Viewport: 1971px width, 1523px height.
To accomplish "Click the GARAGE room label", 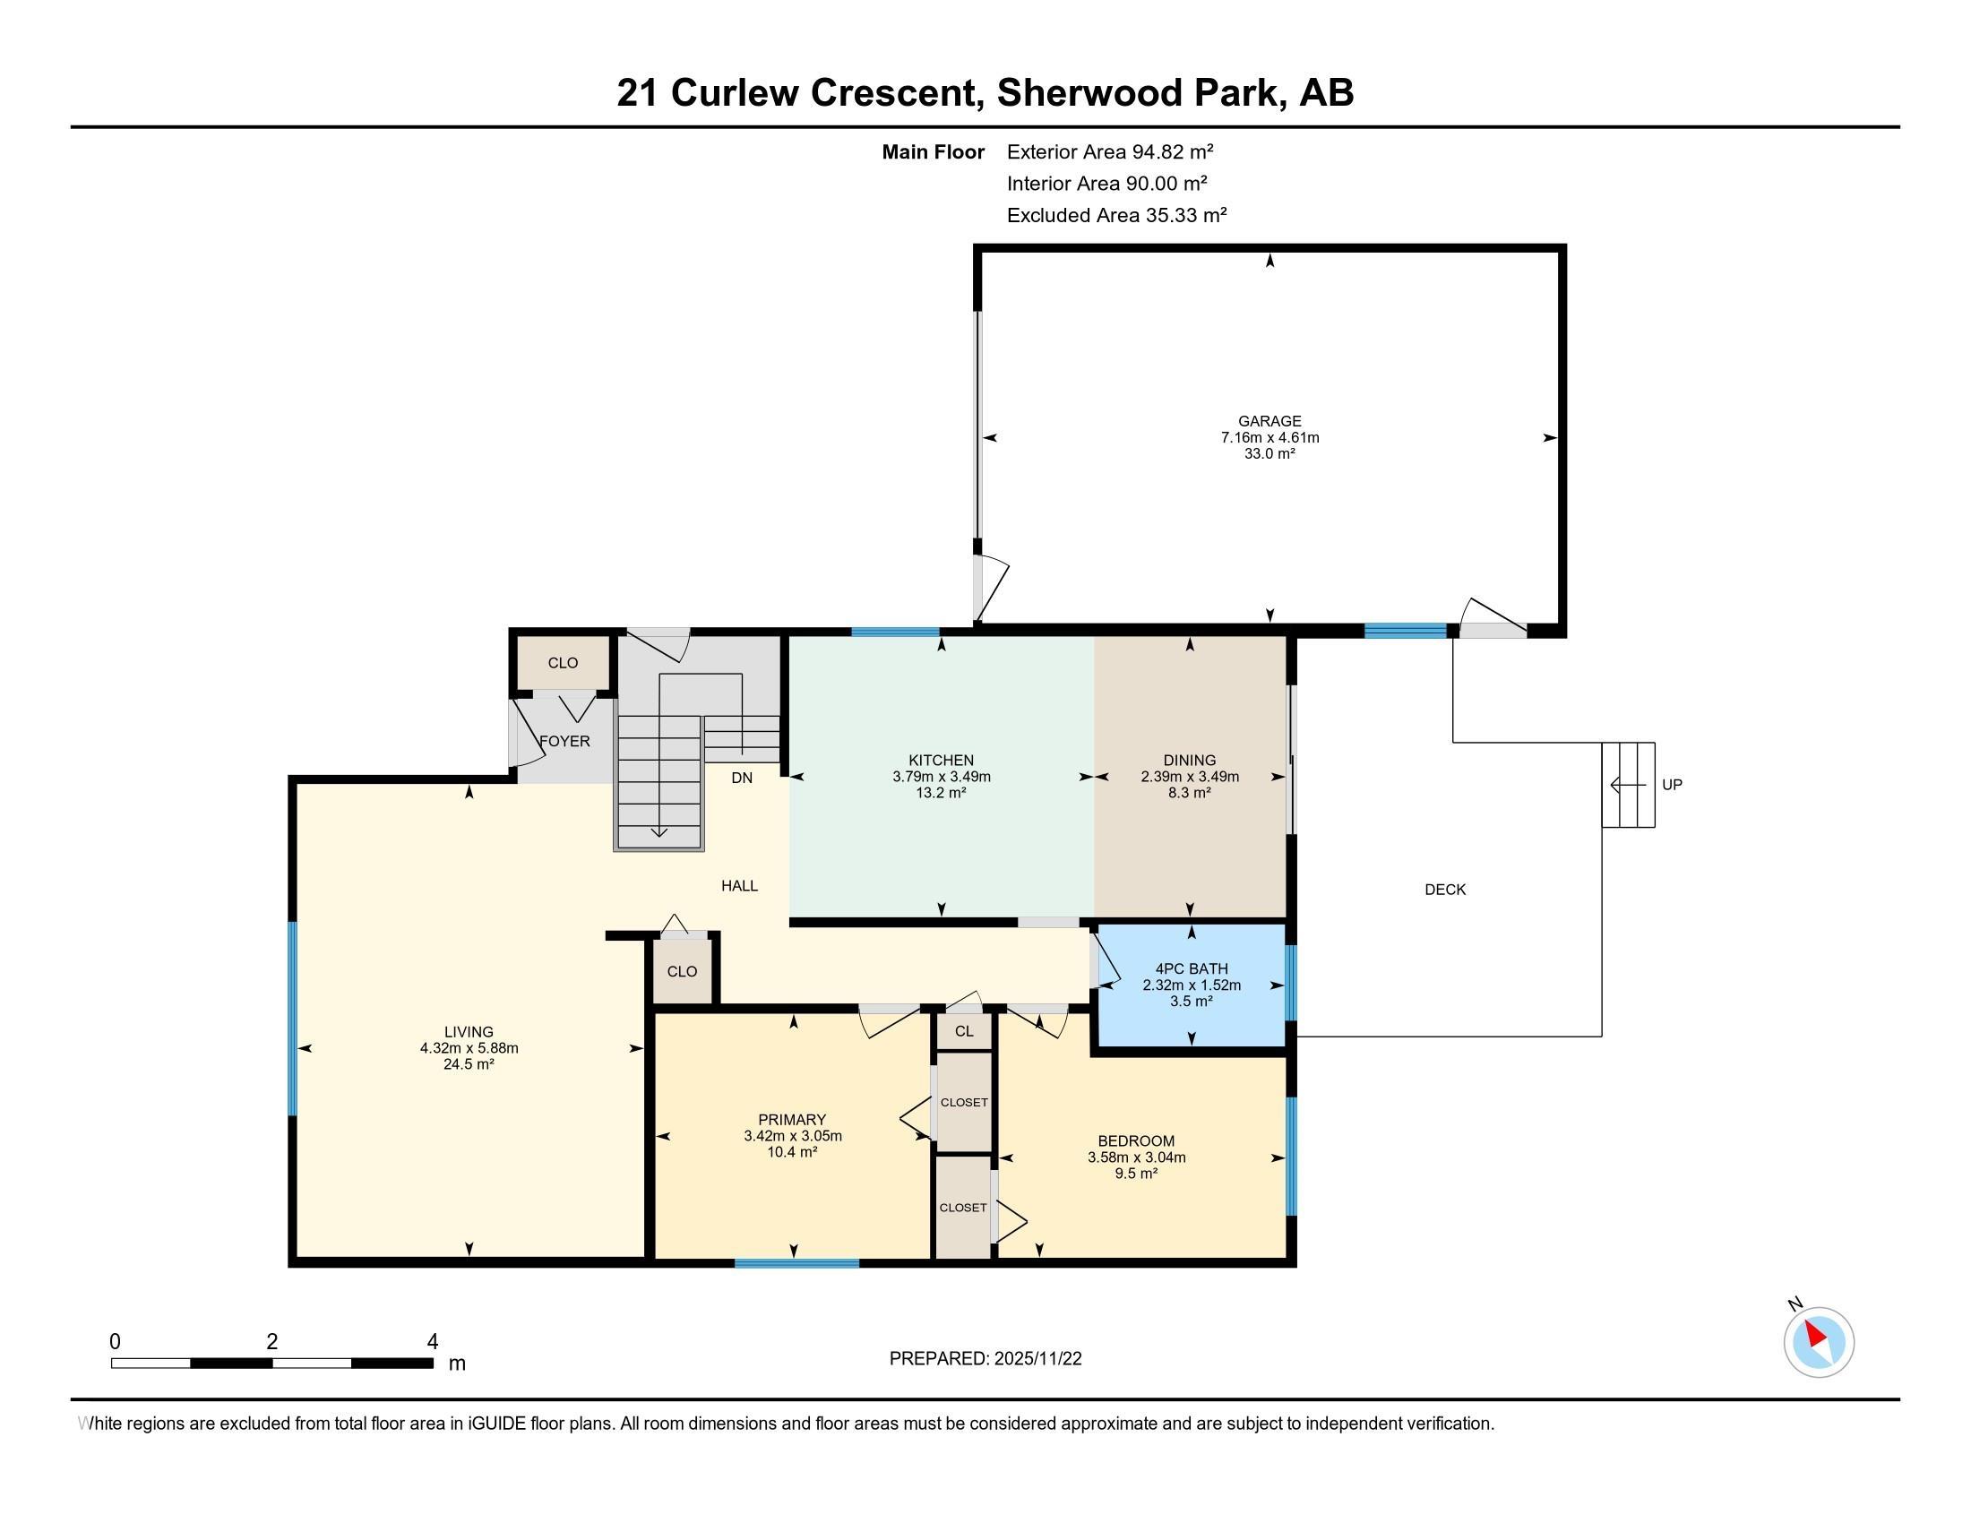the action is point(1269,421).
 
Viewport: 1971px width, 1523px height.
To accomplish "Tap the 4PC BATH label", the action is point(1192,969).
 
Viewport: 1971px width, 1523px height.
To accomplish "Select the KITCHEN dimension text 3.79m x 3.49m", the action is point(942,776).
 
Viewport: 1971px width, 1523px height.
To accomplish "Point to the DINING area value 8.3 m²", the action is point(1190,793).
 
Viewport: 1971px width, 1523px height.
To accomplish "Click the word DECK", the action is point(1445,890).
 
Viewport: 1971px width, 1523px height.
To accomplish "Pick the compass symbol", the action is point(1818,1342).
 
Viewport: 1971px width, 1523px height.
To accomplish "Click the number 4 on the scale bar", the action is point(433,1342).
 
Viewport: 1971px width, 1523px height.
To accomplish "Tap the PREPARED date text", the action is point(985,1359).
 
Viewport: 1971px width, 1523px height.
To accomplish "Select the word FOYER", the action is point(565,741).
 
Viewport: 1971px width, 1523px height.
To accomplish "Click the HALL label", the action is point(739,886).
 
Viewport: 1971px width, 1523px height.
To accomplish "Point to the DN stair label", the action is point(742,778).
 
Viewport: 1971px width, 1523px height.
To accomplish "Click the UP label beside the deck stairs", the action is point(1673,785).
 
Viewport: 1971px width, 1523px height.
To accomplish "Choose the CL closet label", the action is point(964,1031).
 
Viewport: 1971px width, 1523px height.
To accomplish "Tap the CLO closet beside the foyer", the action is point(564,663).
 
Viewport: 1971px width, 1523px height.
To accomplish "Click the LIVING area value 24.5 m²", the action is point(469,1064).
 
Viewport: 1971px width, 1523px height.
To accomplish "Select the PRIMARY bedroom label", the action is point(792,1120).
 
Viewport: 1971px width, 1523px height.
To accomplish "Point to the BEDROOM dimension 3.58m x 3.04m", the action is point(1136,1157).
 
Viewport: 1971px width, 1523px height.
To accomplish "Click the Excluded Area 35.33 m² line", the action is point(1116,216).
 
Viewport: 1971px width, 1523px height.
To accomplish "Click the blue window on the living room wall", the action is point(292,1019).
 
